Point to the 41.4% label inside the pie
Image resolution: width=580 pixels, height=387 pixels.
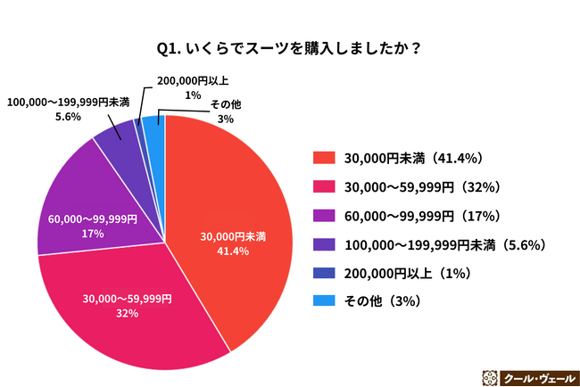click(231, 251)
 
